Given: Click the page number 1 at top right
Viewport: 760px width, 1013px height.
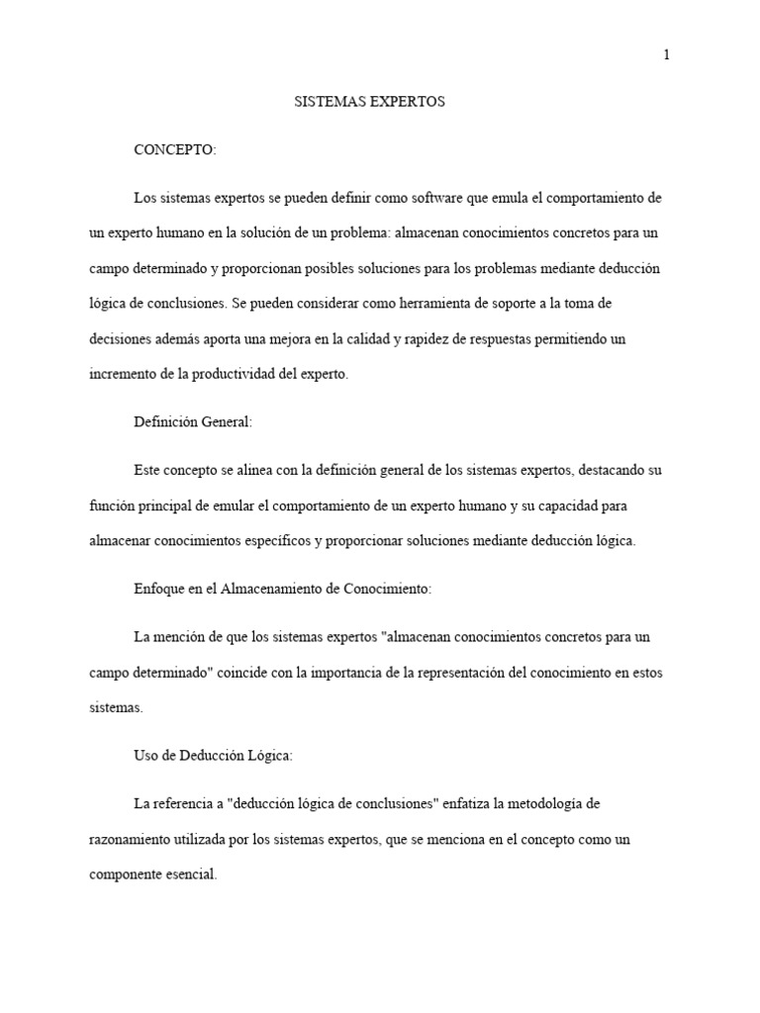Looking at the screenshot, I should [x=667, y=55].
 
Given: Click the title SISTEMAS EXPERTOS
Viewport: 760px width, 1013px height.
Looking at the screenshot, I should [x=370, y=102].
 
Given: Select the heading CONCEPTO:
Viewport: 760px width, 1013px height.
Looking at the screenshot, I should [x=175, y=149].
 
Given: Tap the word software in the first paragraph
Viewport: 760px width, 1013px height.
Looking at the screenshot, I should [x=448, y=197].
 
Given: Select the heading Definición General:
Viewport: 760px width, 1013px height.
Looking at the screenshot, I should [x=193, y=421].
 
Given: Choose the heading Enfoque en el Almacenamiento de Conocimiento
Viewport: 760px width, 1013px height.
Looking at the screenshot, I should [x=283, y=589].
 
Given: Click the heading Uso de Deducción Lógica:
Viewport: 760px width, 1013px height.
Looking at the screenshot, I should [x=213, y=756].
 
